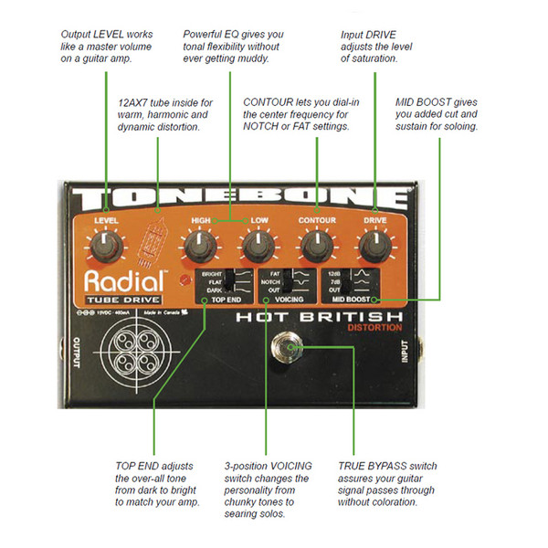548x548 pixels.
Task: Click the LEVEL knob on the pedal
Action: (x=108, y=244)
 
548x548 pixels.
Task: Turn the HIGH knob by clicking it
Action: (x=200, y=244)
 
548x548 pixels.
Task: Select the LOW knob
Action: (x=258, y=244)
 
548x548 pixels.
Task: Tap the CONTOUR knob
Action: (x=316, y=244)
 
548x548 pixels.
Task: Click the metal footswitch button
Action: (x=289, y=349)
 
